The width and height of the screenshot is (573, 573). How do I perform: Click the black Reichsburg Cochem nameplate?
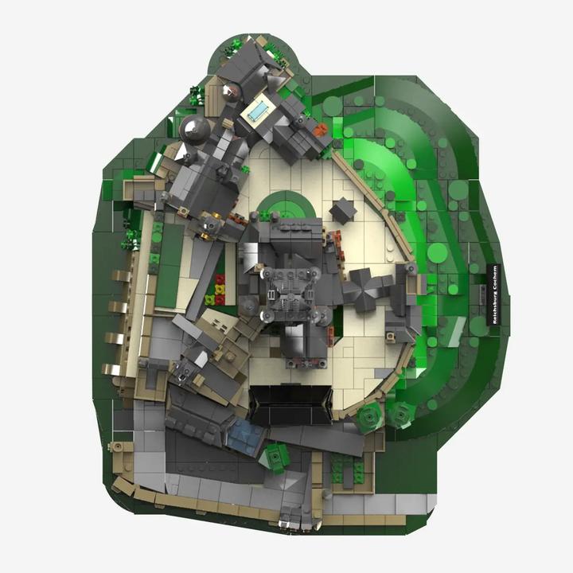click(494, 294)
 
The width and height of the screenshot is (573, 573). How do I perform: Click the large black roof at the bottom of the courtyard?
click(291, 406)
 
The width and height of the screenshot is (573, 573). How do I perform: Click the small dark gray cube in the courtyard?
click(342, 210)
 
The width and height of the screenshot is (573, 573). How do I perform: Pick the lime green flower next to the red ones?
click(209, 300)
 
